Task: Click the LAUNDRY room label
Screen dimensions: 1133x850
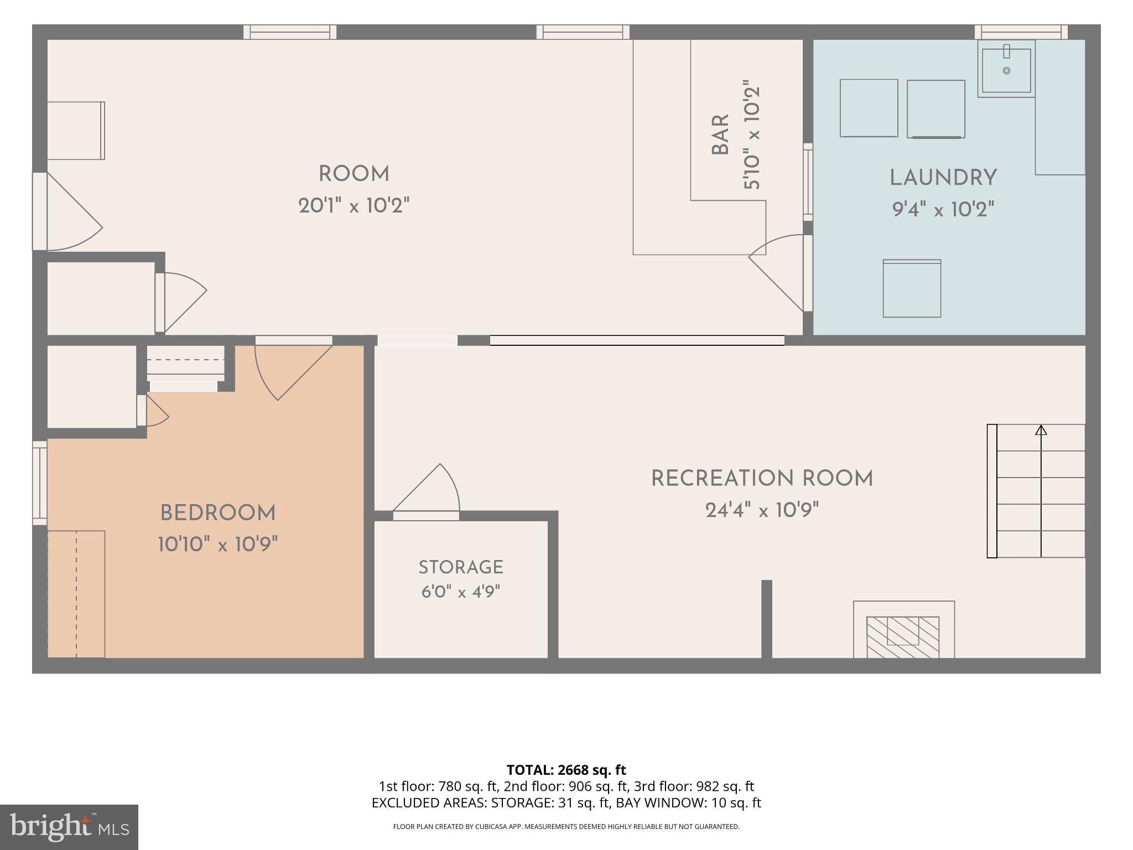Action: [x=943, y=178]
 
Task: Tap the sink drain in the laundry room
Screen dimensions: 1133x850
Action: [x=1006, y=71]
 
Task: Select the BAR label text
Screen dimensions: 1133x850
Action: [x=720, y=134]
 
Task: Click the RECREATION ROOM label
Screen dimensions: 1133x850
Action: [x=762, y=479]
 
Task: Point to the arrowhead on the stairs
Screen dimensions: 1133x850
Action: [x=1041, y=429]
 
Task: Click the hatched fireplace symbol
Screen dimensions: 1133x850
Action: [x=903, y=637]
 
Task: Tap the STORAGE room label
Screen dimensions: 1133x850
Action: [x=461, y=567]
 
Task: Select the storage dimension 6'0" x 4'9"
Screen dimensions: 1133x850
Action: [x=461, y=592]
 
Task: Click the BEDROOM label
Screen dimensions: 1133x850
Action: [x=218, y=513]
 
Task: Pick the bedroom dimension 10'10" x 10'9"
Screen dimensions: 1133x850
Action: [x=218, y=545]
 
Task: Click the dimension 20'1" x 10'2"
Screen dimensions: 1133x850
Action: [x=354, y=206]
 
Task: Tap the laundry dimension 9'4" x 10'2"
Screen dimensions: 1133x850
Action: [x=943, y=209]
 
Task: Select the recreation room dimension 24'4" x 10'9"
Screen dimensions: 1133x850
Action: [x=762, y=510]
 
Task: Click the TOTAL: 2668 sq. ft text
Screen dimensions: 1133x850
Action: [x=566, y=770]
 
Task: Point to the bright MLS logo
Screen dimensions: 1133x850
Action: [x=69, y=827]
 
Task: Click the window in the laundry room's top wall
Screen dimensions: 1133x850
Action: [x=1021, y=32]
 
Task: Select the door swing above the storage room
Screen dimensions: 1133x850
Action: [x=427, y=488]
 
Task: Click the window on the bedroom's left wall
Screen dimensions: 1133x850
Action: [x=40, y=483]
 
